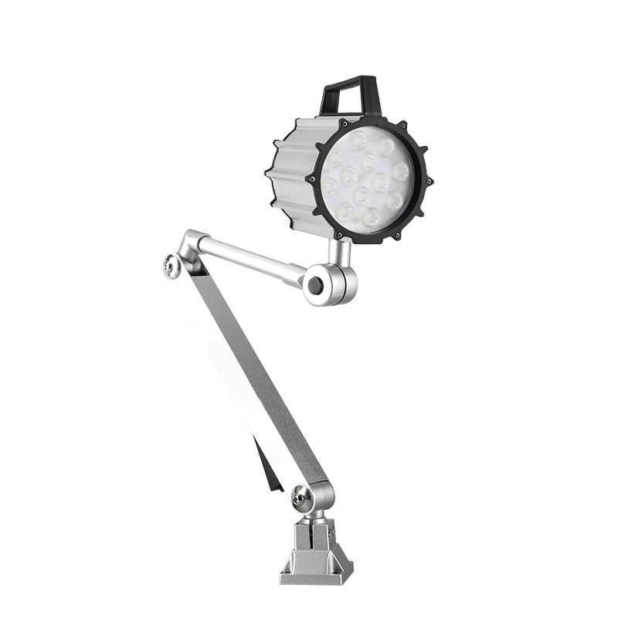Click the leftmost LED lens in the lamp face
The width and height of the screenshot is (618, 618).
click(x=331, y=187)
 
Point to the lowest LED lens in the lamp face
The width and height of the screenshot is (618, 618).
click(x=372, y=219)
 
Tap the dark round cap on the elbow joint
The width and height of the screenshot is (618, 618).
click(x=314, y=285)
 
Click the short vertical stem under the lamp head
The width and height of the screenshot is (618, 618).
click(x=337, y=251)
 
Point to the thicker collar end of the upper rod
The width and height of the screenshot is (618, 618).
click(x=294, y=272)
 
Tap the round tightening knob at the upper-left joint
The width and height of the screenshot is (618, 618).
click(x=172, y=266)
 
